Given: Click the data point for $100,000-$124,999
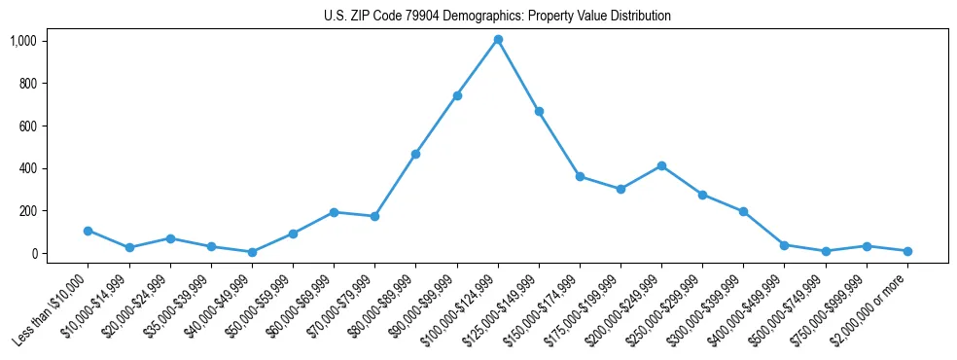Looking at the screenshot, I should tap(498, 40).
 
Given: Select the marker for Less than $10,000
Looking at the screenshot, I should tap(89, 231).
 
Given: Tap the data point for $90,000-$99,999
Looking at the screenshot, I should tap(457, 95).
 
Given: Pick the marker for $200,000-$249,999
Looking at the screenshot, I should tap(661, 165).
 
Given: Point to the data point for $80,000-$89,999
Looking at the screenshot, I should tap(415, 154).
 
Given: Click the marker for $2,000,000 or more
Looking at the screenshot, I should tap(907, 251).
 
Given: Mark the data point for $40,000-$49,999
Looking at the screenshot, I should tap(252, 252).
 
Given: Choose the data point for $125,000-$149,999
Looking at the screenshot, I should tap(539, 111).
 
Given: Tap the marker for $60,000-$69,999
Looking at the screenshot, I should tap(334, 212).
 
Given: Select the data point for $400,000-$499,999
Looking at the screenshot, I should tap(784, 245).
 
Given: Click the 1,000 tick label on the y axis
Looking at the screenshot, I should tap(23, 41).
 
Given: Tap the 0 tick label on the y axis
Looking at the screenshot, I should tap(33, 253).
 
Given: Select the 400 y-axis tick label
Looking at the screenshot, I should tap(27, 168).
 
